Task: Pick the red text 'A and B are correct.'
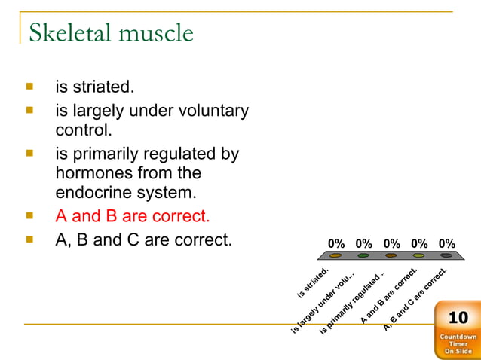click(x=133, y=217)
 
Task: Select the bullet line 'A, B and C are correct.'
click(x=143, y=242)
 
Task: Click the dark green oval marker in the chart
click(x=363, y=255)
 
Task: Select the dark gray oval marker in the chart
click(x=446, y=255)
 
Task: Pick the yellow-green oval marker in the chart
click(x=419, y=255)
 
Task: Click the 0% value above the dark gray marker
click(x=446, y=243)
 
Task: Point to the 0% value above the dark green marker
click(x=363, y=243)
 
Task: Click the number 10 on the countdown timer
click(x=458, y=317)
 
